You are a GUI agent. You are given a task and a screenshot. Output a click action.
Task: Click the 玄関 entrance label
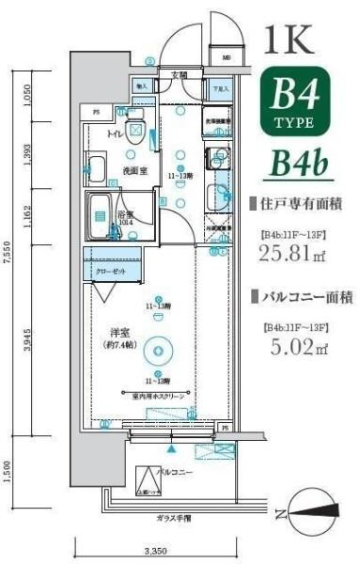[179, 74]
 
